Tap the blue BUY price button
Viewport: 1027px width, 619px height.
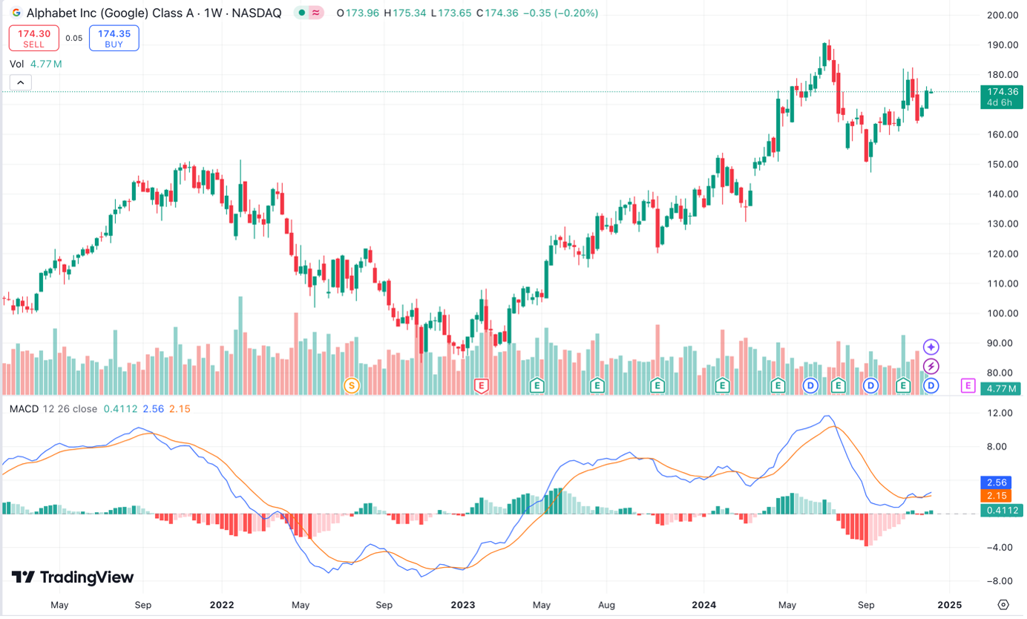pyautogui.click(x=114, y=38)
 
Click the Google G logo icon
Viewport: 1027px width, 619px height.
pyautogui.click(x=16, y=13)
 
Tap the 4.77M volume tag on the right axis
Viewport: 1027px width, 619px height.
pyautogui.click(x=1002, y=388)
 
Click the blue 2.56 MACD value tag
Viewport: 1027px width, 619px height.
pyautogui.click(x=1002, y=482)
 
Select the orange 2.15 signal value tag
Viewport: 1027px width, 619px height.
pyautogui.click(x=1002, y=496)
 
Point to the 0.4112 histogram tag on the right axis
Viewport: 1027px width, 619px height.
pyautogui.click(x=1002, y=510)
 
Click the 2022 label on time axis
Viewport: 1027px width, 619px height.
pyautogui.click(x=221, y=605)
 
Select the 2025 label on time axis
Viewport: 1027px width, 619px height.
pyautogui.click(x=949, y=605)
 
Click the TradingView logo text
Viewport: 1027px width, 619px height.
pyautogui.click(x=73, y=577)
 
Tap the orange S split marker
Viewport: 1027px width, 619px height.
pyautogui.click(x=352, y=385)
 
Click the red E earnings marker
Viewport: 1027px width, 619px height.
pyautogui.click(x=482, y=385)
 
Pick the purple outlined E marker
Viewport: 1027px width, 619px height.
pyautogui.click(x=968, y=385)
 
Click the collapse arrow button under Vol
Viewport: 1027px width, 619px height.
pyautogui.click(x=20, y=82)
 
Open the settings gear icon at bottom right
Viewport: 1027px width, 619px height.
pyautogui.click(x=1003, y=604)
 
